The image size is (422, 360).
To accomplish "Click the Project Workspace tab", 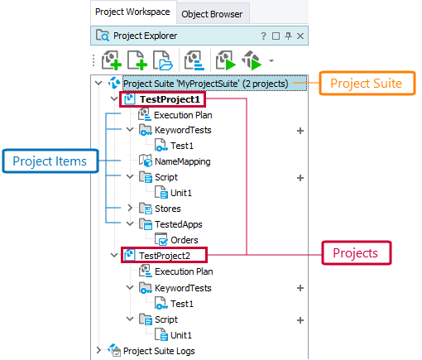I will [132, 12].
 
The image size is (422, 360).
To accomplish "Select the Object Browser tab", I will [212, 13].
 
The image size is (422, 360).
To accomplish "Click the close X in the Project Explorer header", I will [300, 36].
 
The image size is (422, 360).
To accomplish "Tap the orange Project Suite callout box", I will [366, 83].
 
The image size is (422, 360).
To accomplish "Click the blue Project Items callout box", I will [49, 161].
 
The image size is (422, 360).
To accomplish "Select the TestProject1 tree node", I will [170, 99].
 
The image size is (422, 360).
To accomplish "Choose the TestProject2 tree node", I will [165, 256].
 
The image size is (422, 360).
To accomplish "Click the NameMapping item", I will [182, 161].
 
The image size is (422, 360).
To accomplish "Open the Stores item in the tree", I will [167, 209].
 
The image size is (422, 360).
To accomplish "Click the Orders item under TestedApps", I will [184, 240].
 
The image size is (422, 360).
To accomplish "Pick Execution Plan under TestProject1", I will [183, 115].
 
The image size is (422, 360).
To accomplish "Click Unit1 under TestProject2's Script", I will [181, 335].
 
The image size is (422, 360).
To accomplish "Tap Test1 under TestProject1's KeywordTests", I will [181, 146].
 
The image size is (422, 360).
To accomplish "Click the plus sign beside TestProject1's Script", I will [300, 177].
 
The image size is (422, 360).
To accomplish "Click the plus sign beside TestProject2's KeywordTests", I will [300, 288].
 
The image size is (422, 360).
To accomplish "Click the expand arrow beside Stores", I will [130, 209].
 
